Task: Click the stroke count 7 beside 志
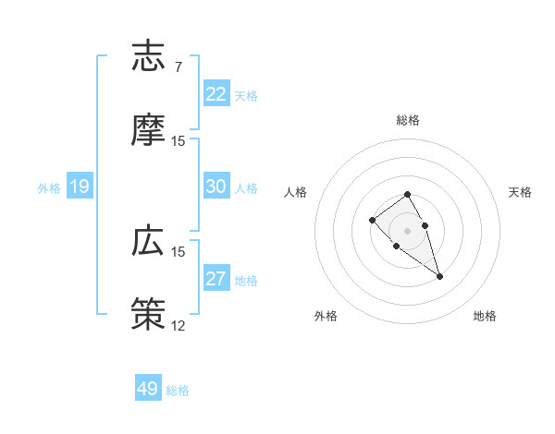[178, 66]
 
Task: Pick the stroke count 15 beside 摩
[179, 141]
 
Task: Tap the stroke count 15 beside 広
[179, 251]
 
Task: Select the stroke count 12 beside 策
[179, 326]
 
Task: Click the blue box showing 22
[216, 94]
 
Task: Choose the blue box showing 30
[216, 187]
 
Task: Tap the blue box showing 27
[216, 280]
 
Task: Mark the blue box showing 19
[80, 187]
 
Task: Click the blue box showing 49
[148, 389]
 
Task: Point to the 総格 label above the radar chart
[408, 120]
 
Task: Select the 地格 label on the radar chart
[485, 316]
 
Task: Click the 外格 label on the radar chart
[326, 316]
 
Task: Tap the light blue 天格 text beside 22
[246, 95]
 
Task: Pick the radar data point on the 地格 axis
[440, 276]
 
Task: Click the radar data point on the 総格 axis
[407, 194]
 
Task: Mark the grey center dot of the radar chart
[407, 230]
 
